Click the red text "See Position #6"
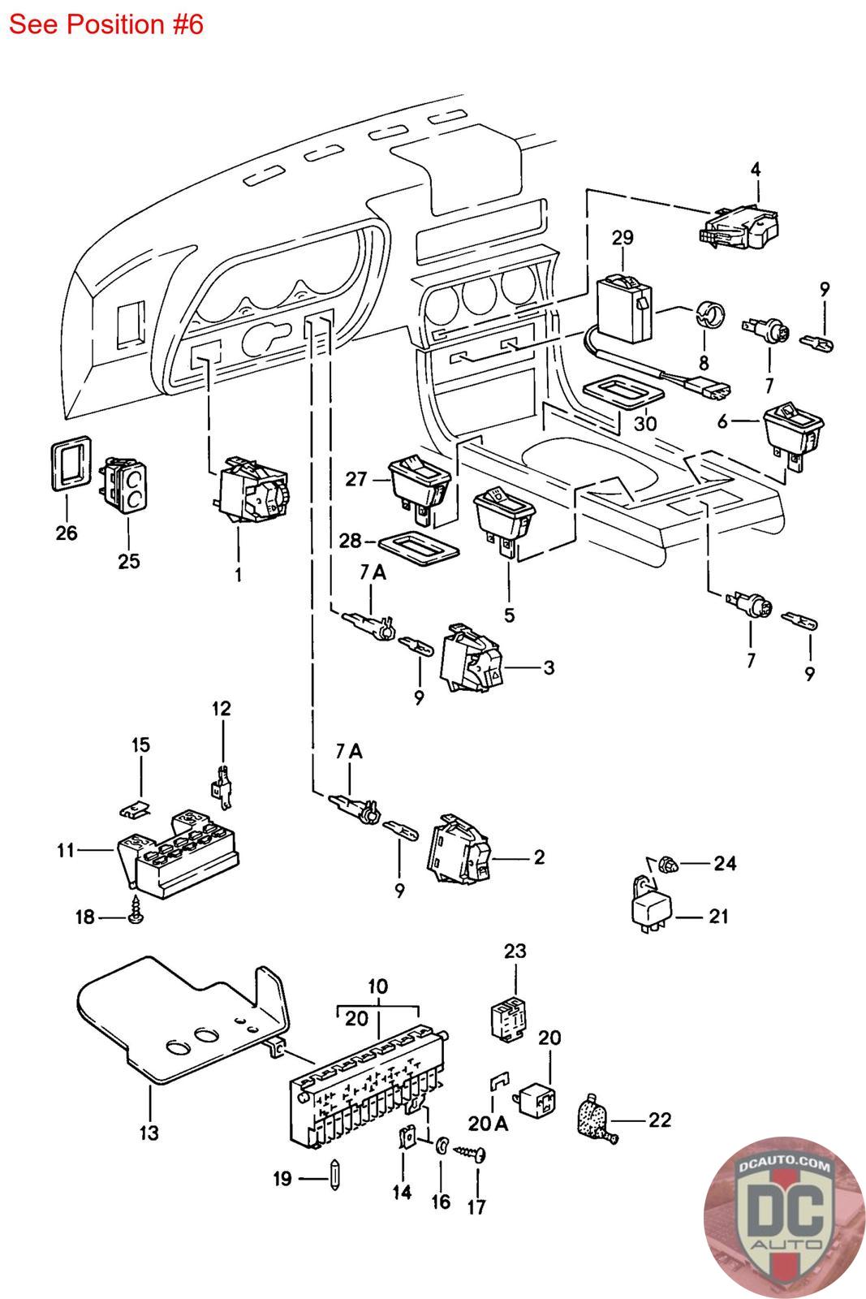[106, 24]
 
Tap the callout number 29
[623, 238]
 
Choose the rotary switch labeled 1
[252, 491]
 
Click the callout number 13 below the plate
[149, 1132]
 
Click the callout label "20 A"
[487, 1123]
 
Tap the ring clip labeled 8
[710, 316]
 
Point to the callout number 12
[221, 708]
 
